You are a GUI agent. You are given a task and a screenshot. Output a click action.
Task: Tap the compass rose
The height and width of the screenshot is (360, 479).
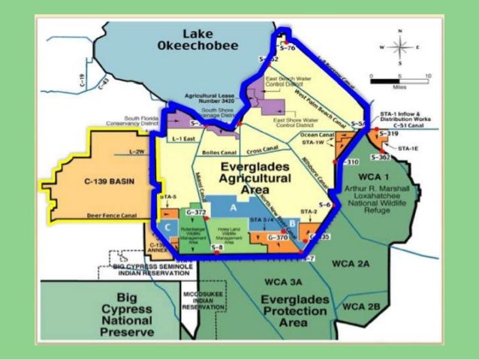pos(400,47)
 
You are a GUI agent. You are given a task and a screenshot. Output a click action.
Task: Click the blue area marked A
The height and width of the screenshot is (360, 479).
pos(233,205)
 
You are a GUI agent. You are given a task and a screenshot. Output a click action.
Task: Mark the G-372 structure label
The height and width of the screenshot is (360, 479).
pos(194,213)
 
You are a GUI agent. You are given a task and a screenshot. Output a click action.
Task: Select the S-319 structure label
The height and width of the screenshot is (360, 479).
pos(389,133)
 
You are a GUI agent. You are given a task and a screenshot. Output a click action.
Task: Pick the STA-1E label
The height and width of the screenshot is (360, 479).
pos(408,148)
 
